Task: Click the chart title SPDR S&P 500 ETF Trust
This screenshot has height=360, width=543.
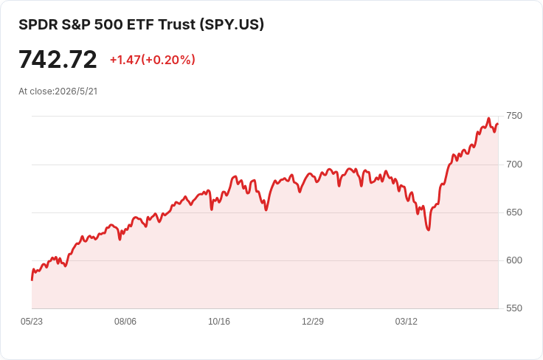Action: [x=108, y=24]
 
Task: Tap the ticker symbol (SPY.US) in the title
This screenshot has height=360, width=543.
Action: [x=232, y=24]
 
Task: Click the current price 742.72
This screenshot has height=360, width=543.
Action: [x=58, y=60]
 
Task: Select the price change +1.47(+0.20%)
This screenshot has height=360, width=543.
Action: [x=153, y=60]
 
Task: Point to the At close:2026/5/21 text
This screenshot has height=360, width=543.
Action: [x=58, y=91]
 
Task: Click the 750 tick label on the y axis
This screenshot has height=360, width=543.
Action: [x=514, y=116]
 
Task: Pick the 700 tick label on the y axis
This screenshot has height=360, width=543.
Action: [x=514, y=165]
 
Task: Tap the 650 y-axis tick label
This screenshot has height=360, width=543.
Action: [x=514, y=212]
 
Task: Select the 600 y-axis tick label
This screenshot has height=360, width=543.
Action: [x=514, y=260]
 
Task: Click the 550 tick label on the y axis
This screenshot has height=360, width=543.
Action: [x=514, y=308]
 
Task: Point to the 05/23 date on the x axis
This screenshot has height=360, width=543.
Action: [x=32, y=322]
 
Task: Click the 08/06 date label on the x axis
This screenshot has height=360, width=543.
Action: [x=125, y=322]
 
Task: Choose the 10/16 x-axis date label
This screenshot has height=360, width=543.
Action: [x=219, y=322]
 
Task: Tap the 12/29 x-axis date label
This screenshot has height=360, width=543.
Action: [x=313, y=322]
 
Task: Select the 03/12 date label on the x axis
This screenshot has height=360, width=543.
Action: [x=407, y=322]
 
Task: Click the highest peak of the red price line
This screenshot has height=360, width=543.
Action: [x=488, y=118]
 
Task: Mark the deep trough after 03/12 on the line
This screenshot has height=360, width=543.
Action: [x=429, y=230]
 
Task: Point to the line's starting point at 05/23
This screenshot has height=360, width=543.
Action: [x=32, y=280]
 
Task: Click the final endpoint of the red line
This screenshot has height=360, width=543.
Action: [x=498, y=124]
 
